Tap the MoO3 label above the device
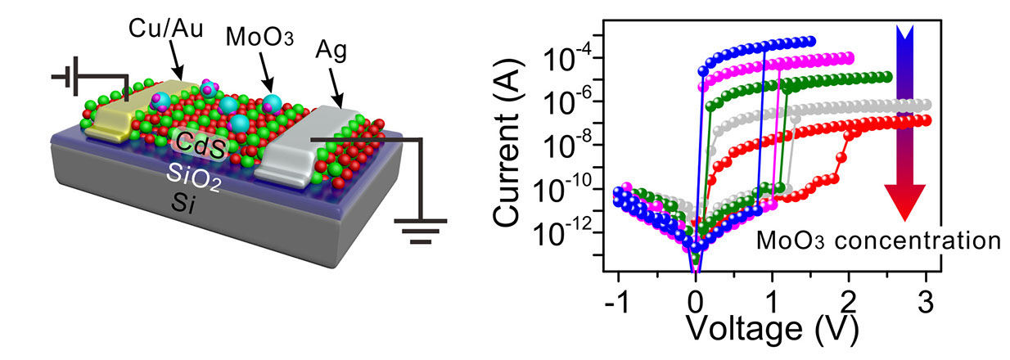[x=253, y=39]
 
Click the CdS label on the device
[x=205, y=145]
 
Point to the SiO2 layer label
[x=193, y=173]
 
